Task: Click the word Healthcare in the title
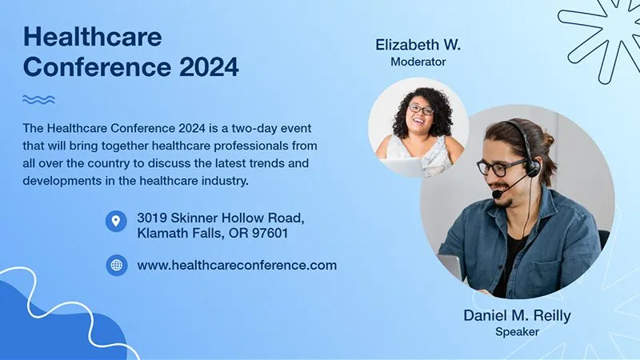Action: tap(93, 36)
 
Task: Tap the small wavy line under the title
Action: tap(38, 100)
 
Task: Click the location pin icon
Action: tap(116, 221)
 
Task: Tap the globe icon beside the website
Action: tap(116, 266)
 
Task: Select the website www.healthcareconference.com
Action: tap(237, 266)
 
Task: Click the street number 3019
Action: tap(152, 217)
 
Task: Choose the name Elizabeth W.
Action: tap(418, 45)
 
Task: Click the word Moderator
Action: tap(418, 62)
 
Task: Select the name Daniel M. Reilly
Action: tap(517, 315)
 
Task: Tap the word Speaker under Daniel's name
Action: tap(517, 331)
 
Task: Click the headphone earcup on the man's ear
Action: tap(531, 167)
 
